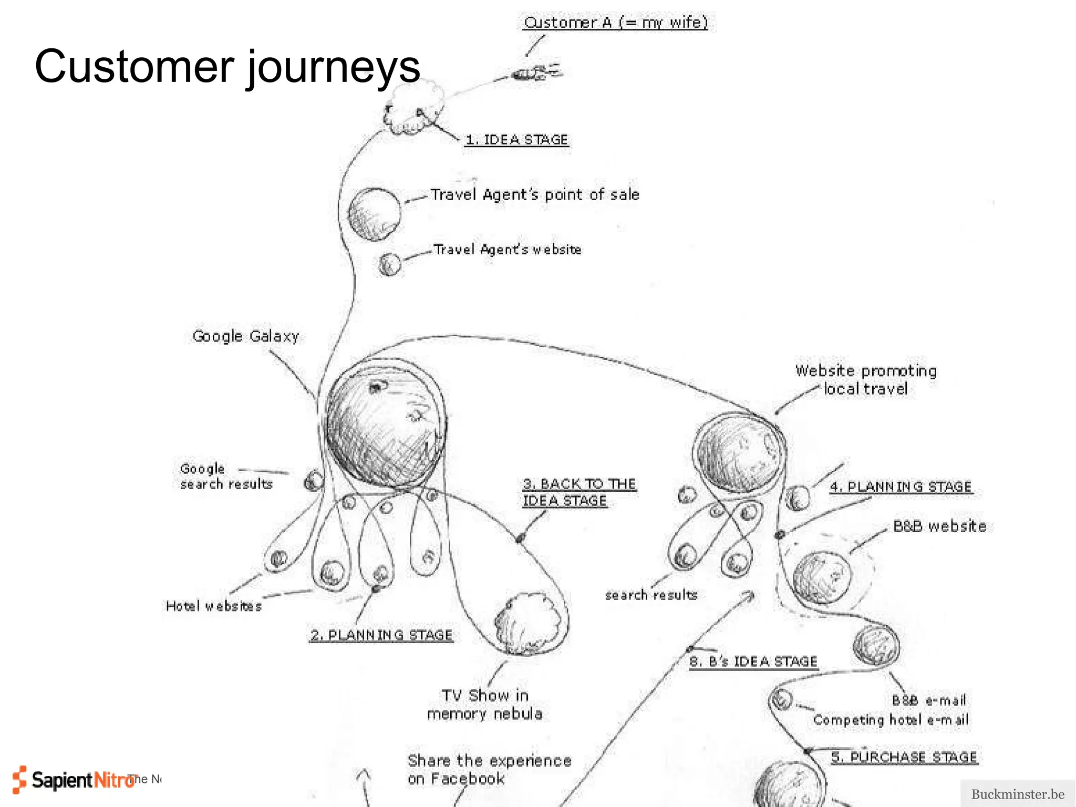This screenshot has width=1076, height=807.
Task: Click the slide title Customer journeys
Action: click(x=227, y=67)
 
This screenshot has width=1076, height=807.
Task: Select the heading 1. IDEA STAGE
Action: click(x=517, y=140)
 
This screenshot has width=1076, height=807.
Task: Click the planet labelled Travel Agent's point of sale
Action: click(x=374, y=214)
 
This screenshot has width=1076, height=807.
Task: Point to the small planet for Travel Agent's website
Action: click(x=390, y=264)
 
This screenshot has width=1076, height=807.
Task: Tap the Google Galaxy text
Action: click(x=245, y=336)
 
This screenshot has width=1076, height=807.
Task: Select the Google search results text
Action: click(x=226, y=476)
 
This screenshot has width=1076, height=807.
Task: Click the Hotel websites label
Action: click(x=213, y=606)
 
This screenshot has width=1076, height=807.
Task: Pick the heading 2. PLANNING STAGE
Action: click(x=381, y=635)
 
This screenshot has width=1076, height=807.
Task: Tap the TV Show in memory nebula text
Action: click(x=484, y=705)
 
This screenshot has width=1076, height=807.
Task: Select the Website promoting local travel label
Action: click(x=866, y=379)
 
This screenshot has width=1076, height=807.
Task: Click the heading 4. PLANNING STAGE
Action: click(x=901, y=487)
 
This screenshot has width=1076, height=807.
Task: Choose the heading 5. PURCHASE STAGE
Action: click(x=904, y=757)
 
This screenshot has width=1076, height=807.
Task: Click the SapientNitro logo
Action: click(x=74, y=780)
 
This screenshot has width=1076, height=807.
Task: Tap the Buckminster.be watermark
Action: click(x=1017, y=794)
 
